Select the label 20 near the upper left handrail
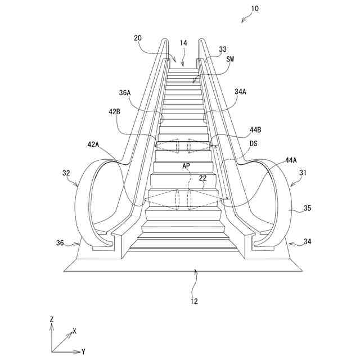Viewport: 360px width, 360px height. pyautogui.click(x=137, y=38)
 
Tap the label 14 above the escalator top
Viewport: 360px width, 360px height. pyautogui.click(x=183, y=43)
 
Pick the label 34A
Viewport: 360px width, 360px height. pyautogui.click(x=240, y=91)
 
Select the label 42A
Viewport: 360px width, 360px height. pyautogui.click(x=93, y=145)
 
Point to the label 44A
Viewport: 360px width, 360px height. pyautogui.click(x=290, y=160)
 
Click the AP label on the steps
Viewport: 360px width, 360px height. pyautogui.click(x=186, y=167)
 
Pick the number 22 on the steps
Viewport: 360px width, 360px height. pyautogui.click(x=202, y=178)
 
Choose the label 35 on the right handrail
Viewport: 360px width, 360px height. pyautogui.click(x=307, y=209)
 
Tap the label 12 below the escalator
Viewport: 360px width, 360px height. pyautogui.click(x=193, y=300)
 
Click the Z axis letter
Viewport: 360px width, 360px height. pyautogui.click(x=51, y=319)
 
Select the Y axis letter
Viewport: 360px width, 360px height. pyautogui.click(x=83, y=351)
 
